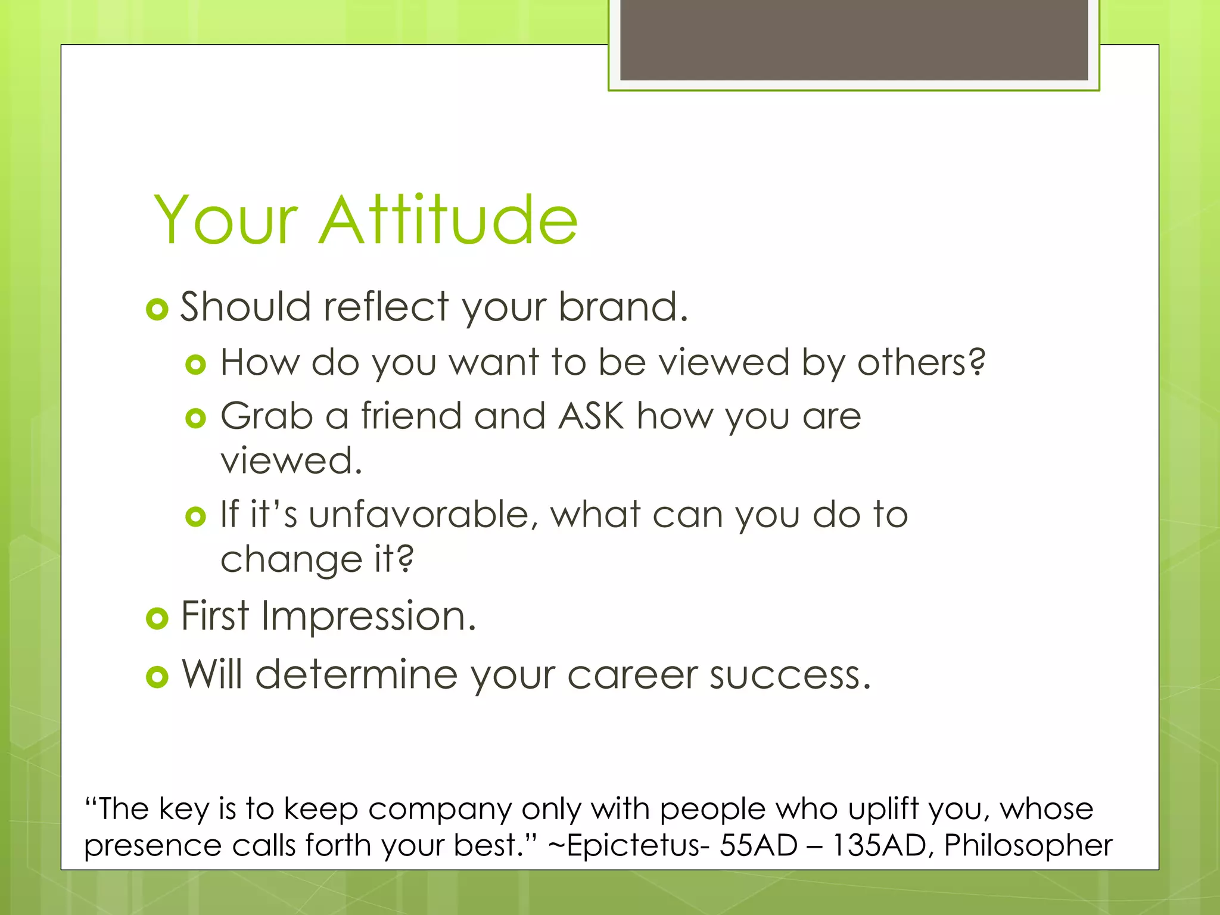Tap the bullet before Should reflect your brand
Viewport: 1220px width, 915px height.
157,309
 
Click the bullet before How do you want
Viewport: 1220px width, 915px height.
195,364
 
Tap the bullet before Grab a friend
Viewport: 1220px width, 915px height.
195,418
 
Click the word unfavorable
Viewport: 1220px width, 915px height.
418,514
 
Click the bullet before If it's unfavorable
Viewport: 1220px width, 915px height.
195,516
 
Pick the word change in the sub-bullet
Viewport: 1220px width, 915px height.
290,560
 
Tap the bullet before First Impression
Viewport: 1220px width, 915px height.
157,618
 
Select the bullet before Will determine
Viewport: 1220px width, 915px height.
157,677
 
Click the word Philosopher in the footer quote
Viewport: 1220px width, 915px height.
1028,845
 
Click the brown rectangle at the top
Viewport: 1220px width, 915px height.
854,39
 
